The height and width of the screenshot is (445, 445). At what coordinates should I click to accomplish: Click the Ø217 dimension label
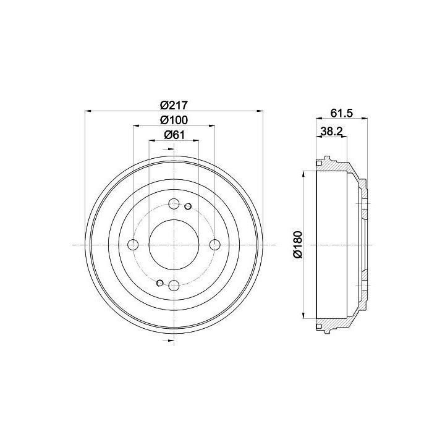point(174,105)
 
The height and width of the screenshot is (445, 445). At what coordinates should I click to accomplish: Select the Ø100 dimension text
point(174,120)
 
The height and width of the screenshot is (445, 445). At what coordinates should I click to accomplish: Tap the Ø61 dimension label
point(174,135)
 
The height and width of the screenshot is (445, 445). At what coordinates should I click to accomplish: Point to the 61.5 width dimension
point(342,113)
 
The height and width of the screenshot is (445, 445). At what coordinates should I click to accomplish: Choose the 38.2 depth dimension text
point(332,131)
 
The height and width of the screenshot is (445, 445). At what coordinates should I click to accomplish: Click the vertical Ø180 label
point(298,245)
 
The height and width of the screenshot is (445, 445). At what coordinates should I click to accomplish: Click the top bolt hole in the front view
point(174,203)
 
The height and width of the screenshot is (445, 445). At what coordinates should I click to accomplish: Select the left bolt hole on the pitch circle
point(133,245)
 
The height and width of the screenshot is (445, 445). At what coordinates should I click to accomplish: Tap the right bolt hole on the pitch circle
point(215,245)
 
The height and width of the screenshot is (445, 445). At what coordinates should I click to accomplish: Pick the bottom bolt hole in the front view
point(174,286)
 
